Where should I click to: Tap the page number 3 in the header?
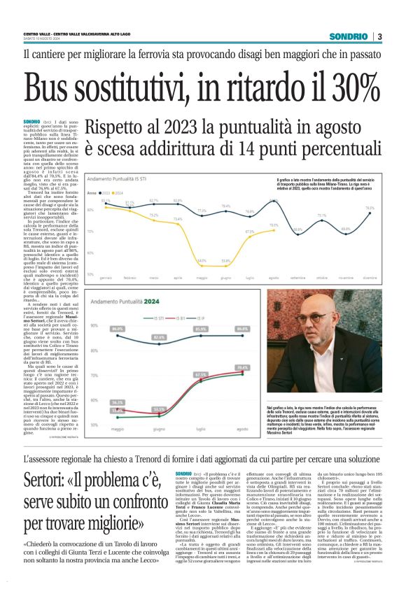pyautogui.click(x=379, y=36)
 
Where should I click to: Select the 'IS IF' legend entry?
pyautogui.click(x=181, y=317)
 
